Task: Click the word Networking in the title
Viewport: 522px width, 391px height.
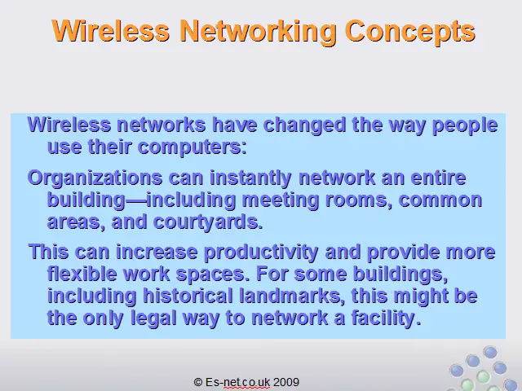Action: point(258,32)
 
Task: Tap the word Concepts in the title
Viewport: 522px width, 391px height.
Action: point(410,32)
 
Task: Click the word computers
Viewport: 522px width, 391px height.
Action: point(192,147)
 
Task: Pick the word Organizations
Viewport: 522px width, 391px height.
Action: point(95,178)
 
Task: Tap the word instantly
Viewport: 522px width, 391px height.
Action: point(250,178)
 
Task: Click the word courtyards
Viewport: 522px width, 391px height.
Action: point(208,222)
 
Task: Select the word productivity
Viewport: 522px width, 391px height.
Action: point(261,253)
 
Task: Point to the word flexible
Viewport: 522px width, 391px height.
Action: point(82,274)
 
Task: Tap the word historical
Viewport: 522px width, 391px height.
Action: point(188,296)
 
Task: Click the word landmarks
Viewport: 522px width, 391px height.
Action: point(292,297)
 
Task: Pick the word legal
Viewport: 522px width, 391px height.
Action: point(153,319)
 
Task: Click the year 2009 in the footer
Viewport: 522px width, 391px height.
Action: point(286,382)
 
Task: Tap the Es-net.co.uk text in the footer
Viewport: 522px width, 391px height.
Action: point(237,382)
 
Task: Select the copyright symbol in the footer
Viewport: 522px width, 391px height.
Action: point(198,382)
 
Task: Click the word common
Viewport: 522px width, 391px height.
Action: point(440,200)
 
